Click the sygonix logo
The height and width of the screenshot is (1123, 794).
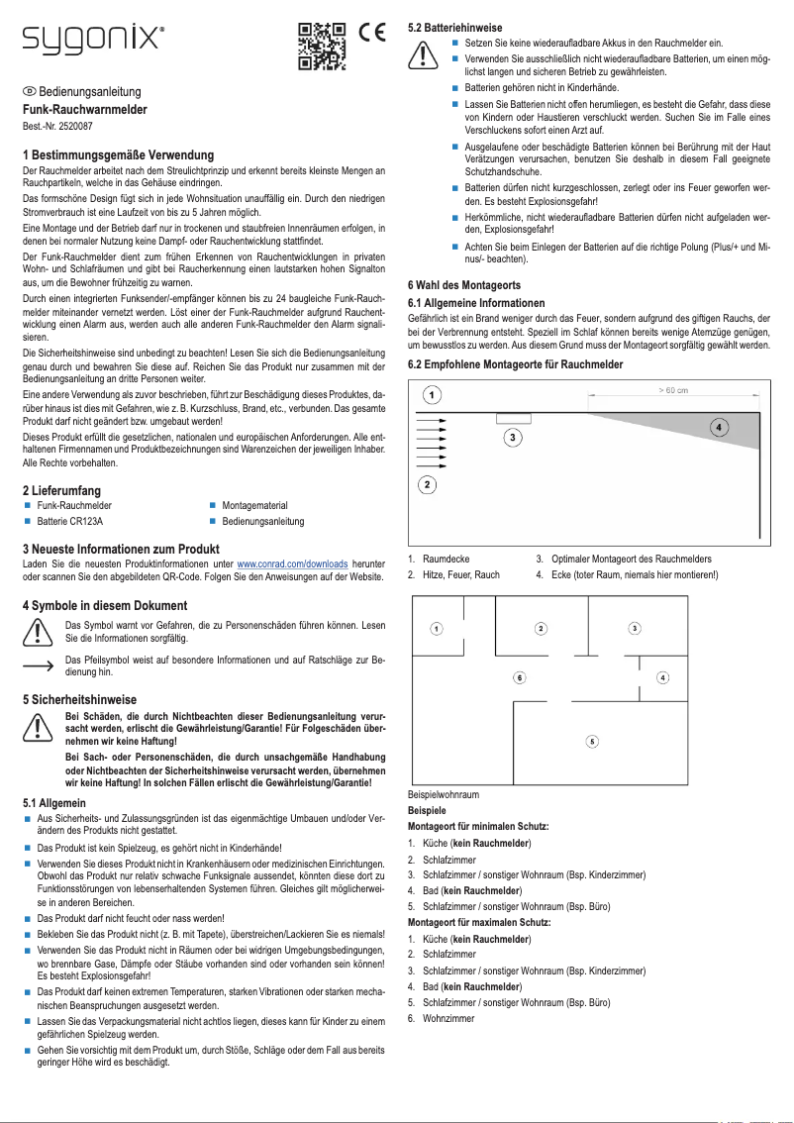pyautogui.click(x=93, y=41)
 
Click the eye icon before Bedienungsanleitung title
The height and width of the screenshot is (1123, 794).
pyautogui.click(x=29, y=91)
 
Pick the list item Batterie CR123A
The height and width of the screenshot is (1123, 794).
pyautogui.click(x=69, y=521)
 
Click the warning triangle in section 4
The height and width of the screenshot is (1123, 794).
pyautogui.click(x=38, y=631)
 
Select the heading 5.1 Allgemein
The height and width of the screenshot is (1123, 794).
pyautogui.click(x=53, y=802)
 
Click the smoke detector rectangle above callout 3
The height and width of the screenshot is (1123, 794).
pyautogui.click(x=513, y=418)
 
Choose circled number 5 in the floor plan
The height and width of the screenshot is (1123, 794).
pyautogui.click(x=591, y=741)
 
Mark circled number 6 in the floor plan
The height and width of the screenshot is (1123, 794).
pyautogui.click(x=519, y=677)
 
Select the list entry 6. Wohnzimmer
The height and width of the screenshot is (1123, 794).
pyautogui.click(x=441, y=1017)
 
